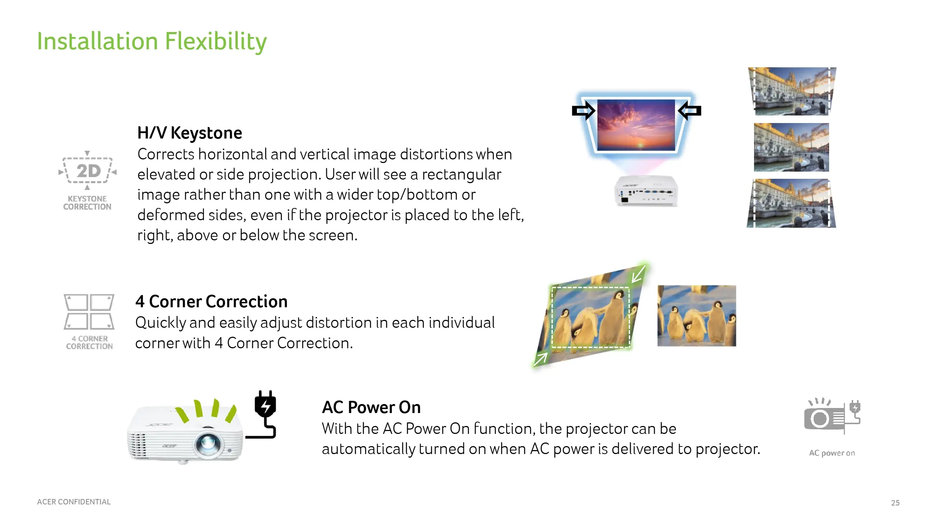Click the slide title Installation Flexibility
pyautogui.click(x=152, y=41)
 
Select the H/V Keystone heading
pyautogui.click(x=190, y=133)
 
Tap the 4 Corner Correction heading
pyautogui.click(x=211, y=301)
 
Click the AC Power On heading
pyautogui.click(x=371, y=407)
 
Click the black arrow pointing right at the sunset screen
pyautogui.click(x=583, y=110)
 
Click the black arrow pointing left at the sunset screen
pyautogui.click(x=690, y=110)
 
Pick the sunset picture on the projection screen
pyautogui.click(x=636, y=125)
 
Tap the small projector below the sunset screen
pyautogui.click(x=646, y=191)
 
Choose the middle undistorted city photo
pyautogui.click(x=791, y=148)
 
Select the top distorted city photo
pyautogui.click(x=792, y=91)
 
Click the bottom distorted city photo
pyautogui.click(x=791, y=203)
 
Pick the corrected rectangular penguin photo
pyautogui.click(x=697, y=316)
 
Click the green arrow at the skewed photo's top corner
pyautogui.click(x=638, y=274)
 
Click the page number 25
pyautogui.click(x=895, y=503)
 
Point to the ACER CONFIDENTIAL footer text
pyautogui.click(x=74, y=502)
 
